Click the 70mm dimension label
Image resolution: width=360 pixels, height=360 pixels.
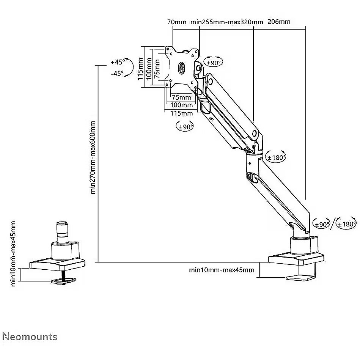177,22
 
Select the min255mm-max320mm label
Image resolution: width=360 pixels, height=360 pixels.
227,22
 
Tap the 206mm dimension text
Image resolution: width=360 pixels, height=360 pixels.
279,22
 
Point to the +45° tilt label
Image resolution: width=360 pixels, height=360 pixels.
118,62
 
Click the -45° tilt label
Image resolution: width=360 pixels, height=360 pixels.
117,74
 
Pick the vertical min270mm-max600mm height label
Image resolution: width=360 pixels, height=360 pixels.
93,157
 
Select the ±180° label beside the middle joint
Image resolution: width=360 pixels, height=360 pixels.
276,157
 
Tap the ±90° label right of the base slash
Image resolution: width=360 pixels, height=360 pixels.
321,224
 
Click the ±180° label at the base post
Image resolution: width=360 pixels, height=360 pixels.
347,224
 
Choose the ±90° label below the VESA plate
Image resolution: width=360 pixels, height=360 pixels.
185,127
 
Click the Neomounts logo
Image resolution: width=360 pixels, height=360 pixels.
30,336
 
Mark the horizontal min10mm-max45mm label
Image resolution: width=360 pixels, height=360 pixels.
222,270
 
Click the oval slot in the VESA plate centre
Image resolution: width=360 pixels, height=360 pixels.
181,68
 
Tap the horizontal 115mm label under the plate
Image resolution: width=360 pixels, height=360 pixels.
181,113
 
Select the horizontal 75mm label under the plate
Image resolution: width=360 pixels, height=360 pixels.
181,97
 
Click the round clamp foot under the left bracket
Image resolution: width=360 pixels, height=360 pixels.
64,281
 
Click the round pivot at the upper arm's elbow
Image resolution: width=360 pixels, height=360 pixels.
255,133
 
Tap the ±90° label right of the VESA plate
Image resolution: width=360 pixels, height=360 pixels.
213,63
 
